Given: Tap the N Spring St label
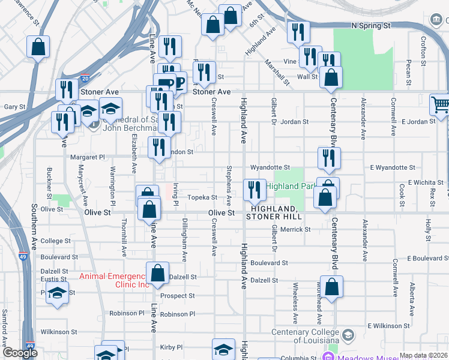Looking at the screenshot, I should pos(371,26).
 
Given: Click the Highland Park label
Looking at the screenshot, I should pos(291,186).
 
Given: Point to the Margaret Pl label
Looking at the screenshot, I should pos(88,157).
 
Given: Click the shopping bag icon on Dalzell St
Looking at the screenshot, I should pos(157,273).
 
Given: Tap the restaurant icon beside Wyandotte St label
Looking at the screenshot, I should pos(330,158).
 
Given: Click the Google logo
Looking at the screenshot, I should pos(20,353).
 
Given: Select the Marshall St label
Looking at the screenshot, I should pos(276,71).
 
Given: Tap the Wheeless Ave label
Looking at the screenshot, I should pos(294,312).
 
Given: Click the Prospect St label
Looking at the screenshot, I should pos(178,296).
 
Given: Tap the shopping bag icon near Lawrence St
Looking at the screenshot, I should pos(38,47).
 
